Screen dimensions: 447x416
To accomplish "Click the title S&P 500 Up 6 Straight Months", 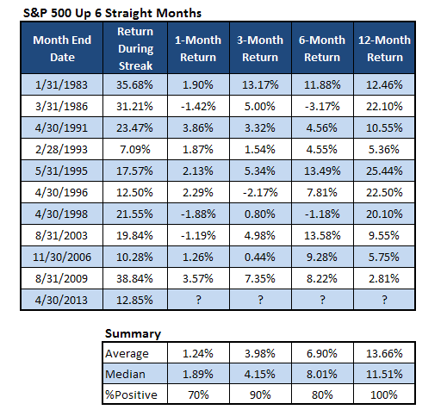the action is (112, 13).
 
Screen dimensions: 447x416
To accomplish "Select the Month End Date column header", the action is (62, 48).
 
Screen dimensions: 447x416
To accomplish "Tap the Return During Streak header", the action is (135, 48).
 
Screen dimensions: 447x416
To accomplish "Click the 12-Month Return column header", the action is (384, 48).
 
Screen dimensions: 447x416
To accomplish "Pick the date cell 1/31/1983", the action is (61, 84).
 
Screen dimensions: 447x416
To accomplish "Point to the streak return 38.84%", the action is (134, 278).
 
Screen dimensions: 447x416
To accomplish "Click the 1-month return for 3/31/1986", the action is (198, 106).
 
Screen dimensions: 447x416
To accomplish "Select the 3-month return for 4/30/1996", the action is (260, 192).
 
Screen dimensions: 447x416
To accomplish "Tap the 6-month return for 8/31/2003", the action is (322, 235).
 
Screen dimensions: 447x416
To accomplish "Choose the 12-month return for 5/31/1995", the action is (384, 171).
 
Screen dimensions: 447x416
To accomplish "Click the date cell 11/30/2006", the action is (62, 257).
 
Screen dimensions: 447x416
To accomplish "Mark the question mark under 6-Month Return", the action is (322, 300).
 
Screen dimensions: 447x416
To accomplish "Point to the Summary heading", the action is (133, 333).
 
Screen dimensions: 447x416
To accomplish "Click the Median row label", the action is (125, 374).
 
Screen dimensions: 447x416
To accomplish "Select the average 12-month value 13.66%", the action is (384, 353).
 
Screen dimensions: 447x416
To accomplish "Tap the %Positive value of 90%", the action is (260, 394).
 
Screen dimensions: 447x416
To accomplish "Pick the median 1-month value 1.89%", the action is (198, 374).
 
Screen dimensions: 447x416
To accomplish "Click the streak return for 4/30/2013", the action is (134, 300).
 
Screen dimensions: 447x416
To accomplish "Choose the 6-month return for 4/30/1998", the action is (322, 214).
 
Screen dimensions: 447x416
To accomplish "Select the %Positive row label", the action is (131, 394).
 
